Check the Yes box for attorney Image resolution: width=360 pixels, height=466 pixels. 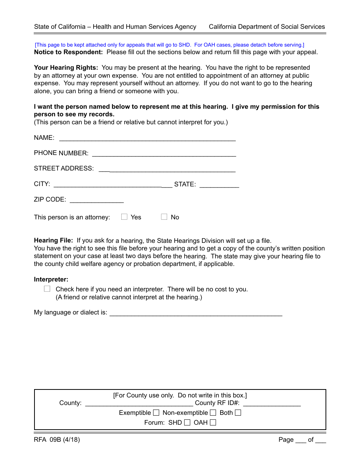tap(124, 217)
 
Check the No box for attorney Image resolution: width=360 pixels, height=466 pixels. tap(164, 217)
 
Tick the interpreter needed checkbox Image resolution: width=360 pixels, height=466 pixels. tap(47, 289)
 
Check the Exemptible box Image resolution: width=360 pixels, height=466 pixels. tap(156, 413)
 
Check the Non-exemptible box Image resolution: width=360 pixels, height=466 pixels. tap(213, 413)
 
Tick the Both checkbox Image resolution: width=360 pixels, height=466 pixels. tap(238, 413)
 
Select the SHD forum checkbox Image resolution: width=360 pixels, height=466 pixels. tap(187, 422)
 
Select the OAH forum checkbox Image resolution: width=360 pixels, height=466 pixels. tap(213, 422)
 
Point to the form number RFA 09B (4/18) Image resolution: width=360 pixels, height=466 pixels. tap(57, 440)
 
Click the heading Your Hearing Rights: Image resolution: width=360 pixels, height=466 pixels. tap(66, 68)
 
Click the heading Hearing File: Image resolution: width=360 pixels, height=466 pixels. tap(53, 241)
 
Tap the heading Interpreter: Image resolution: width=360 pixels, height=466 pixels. tap(51, 280)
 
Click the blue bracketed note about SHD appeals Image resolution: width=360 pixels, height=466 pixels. tap(169, 45)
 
